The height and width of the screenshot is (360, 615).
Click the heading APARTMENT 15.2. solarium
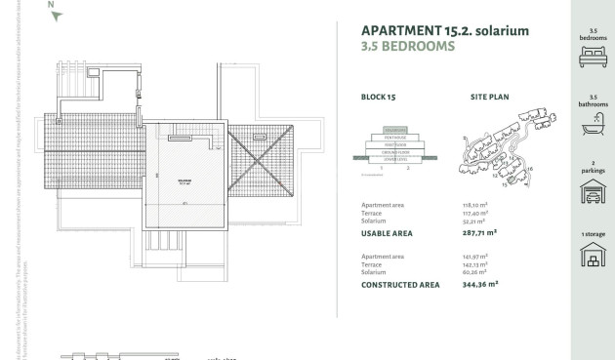coord(445,30)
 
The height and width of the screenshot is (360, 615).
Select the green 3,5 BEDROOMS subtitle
coord(408,46)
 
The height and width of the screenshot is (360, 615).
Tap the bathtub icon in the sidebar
coord(593,125)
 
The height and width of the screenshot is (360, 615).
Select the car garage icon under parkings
coord(593,194)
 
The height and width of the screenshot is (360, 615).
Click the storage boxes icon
coord(593,258)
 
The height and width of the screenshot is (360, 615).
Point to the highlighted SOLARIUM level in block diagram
coord(394,129)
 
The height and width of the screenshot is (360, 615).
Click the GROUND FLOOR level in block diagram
coord(394,152)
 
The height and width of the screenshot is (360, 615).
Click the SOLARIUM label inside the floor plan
coord(184,180)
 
